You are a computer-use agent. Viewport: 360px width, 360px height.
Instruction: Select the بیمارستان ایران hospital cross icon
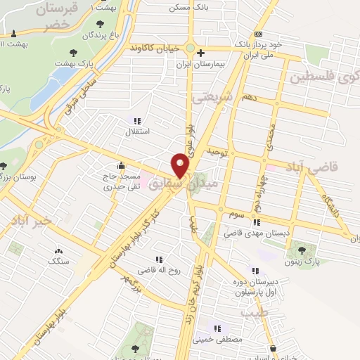pos(200,53)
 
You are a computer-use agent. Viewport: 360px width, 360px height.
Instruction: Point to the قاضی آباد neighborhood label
pos(312,166)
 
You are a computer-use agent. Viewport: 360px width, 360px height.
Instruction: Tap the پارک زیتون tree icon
pos(302,249)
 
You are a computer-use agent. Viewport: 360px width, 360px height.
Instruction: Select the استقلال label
pos(136,131)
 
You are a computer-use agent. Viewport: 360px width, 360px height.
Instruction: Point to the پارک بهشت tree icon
pos(72,52)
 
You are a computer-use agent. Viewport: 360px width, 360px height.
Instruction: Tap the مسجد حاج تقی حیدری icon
pos(122,167)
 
